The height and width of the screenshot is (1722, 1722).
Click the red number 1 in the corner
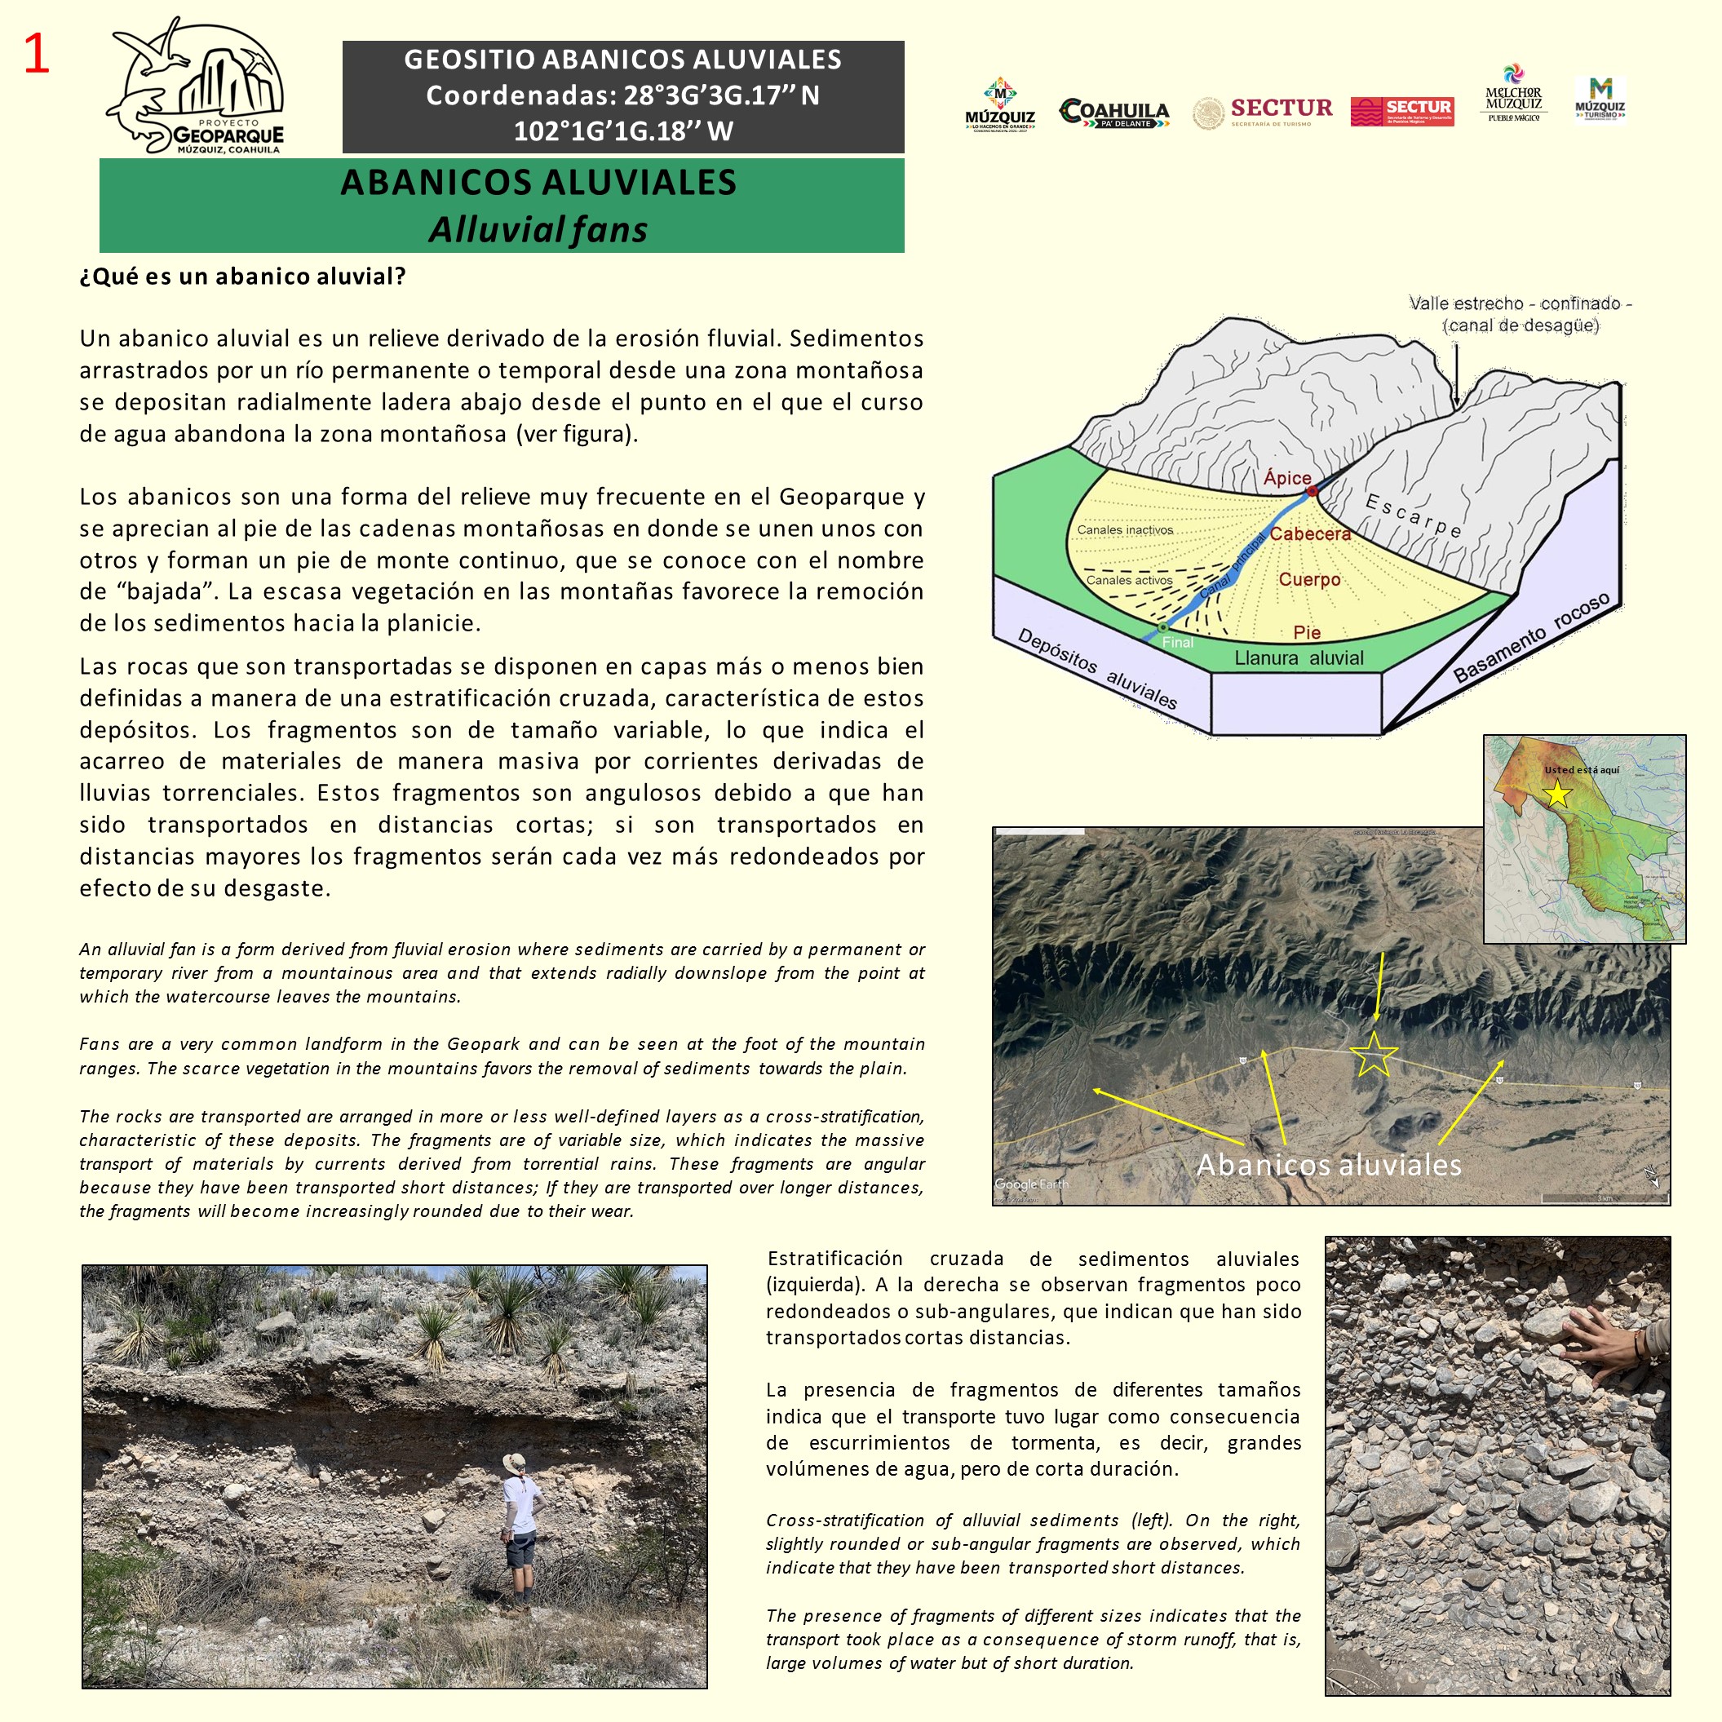coord(37,55)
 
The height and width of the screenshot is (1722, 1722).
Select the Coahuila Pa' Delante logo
coord(1114,113)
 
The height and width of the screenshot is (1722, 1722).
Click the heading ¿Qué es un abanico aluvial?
coord(242,277)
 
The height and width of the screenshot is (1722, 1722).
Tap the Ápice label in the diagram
coord(1287,478)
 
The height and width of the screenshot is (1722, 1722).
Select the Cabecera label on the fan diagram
coord(1309,533)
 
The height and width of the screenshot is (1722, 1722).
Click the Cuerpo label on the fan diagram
coord(1309,579)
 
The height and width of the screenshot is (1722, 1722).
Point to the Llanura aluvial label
coord(1299,657)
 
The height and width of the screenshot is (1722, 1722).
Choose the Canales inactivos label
coord(1125,529)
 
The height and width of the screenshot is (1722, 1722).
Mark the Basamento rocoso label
coord(1531,638)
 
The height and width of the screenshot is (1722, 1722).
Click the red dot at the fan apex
coord(1312,491)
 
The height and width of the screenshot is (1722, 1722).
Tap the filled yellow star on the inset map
coord(1557,793)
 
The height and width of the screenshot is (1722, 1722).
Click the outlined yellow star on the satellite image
coord(1374,1055)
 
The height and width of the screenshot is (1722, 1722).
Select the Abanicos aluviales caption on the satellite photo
coord(1328,1164)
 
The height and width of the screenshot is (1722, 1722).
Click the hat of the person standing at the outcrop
coord(514,1462)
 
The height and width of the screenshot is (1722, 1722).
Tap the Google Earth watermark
coord(1031,1184)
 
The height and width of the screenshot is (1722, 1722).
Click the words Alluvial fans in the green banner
coord(538,230)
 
